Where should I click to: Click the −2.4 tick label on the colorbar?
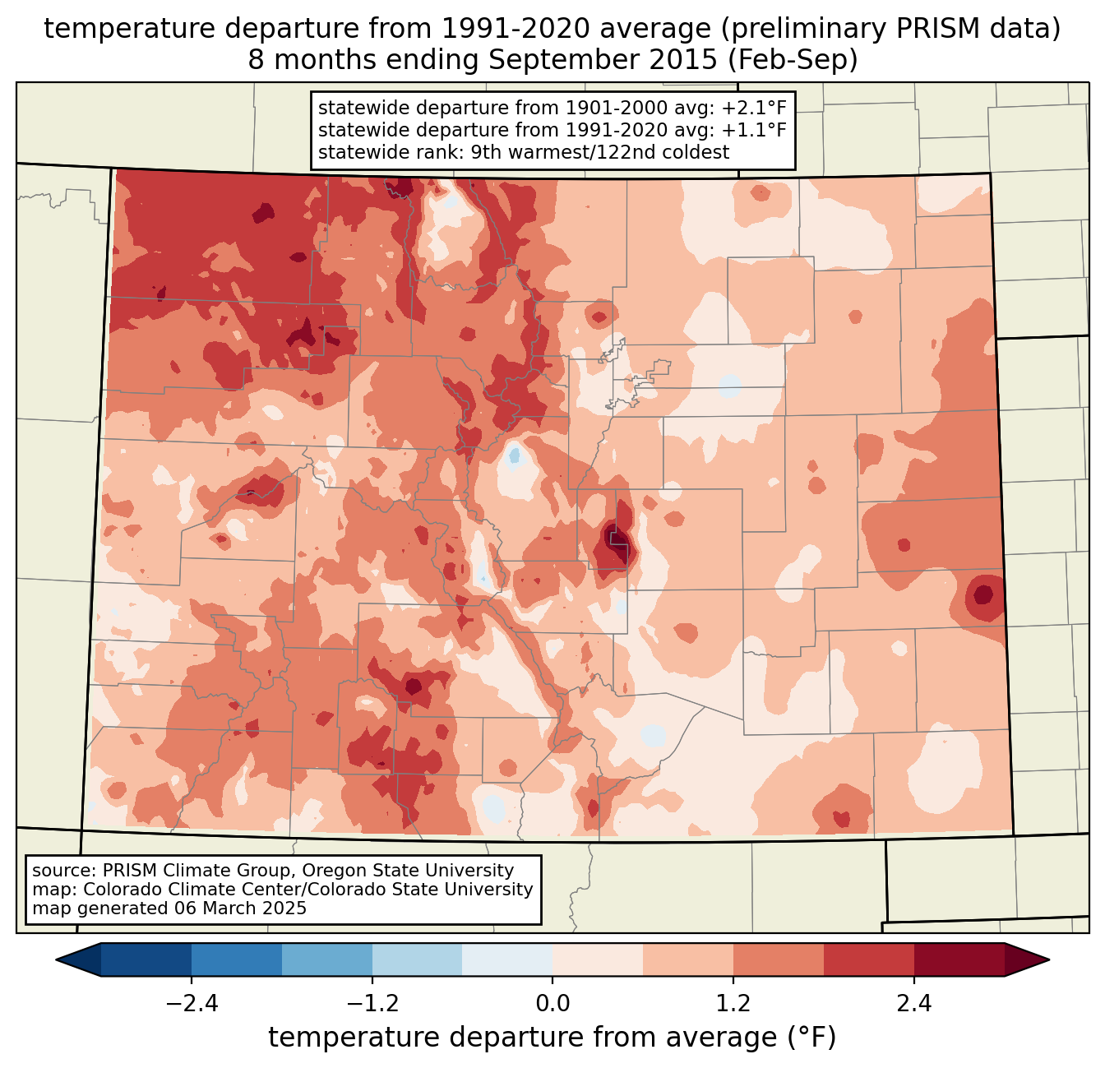(192, 1004)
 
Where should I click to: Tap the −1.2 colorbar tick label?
(372, 1004)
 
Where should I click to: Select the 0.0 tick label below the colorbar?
(552, 1004)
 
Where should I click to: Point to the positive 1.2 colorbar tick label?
(733, 1004)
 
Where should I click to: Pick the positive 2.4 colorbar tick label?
(913, 1004)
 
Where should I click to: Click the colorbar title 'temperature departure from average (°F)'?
(552, 1038)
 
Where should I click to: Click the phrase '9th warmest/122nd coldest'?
(599, 152)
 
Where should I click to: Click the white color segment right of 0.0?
(598, 959)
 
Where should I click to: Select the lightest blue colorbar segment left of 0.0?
(507, 959)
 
